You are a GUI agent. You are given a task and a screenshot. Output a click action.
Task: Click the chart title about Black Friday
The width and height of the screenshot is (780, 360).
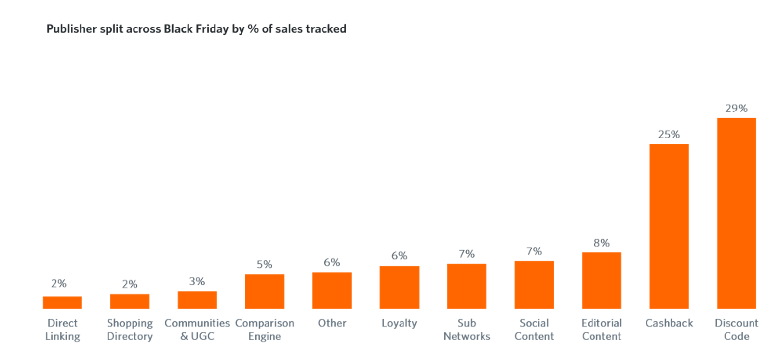pyautogui.click(x=196, y=29)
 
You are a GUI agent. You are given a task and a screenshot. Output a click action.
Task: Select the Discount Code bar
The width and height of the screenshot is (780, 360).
pyautogui.click(x=736, y=213)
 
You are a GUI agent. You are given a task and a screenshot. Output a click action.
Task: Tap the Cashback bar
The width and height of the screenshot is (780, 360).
pyautogui.click(x=669, y=226)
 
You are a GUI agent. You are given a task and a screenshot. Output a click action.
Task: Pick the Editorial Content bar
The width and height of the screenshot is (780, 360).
pyautogui.click(x=601, y=280)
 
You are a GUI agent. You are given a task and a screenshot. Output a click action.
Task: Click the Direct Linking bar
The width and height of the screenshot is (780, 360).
pyautogui.click(x=62, y=303)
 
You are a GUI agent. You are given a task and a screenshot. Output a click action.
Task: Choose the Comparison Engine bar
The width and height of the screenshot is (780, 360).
pyautogui.click(x=265, y=291)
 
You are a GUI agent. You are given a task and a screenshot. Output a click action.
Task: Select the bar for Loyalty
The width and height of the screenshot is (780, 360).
pyautogui.click(x=399, y=287)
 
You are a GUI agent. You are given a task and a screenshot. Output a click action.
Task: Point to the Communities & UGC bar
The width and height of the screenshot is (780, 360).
pyautogui.click(x=197, y=300)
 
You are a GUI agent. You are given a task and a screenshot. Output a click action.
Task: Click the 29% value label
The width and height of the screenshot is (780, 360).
pyautogui.click(x=736, y=108)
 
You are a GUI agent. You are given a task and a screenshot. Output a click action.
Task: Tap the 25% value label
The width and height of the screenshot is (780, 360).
pyautogui.click(x=669, y=135)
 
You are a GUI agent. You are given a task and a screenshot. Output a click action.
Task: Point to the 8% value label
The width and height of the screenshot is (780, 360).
pyautogui.click(x=601, y=243)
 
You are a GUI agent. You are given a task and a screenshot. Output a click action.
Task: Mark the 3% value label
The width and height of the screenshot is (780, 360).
pyautogui.click(x=197, y=282)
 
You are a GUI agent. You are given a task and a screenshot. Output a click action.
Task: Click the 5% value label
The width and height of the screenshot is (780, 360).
pyautogui.click(x=265, y=265)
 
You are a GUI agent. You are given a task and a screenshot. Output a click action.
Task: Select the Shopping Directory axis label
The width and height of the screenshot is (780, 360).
pyautogui.click(x=130, y=330)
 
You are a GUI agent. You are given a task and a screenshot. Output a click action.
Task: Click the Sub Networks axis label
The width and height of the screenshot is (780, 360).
pyautogui.click(x=467, y=330)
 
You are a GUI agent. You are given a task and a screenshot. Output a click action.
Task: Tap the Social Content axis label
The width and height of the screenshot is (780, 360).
pyautogui.click(x=534, y=330)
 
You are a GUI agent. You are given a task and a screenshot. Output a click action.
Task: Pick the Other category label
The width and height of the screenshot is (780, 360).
pyautogui.click(x=332, y=323)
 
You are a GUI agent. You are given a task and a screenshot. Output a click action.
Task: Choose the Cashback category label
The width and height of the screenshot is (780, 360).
pyautogui.click(x=669, y=323)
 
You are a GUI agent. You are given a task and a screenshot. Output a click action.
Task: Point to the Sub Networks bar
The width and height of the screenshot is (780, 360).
pyautogui.click(x=467, y=286)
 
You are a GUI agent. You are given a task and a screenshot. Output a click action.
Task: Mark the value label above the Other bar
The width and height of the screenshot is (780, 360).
pyautogui.click(x=332, y=263)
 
